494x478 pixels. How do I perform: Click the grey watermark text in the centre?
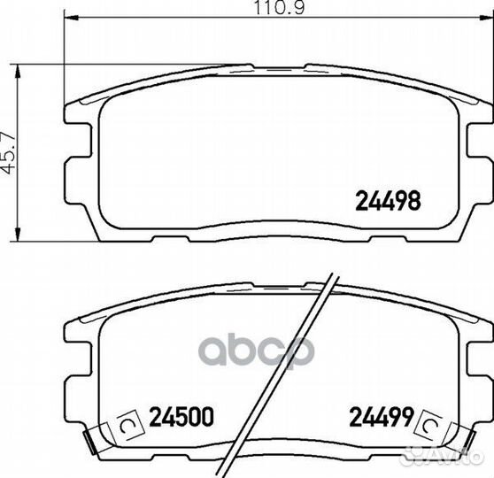(255, 351)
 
